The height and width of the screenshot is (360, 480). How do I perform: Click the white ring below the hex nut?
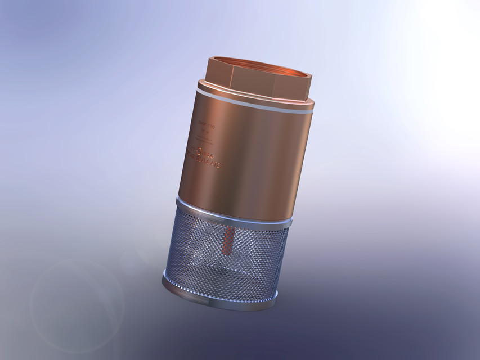point(253,102)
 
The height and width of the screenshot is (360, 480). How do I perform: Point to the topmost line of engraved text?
point(203,121)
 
